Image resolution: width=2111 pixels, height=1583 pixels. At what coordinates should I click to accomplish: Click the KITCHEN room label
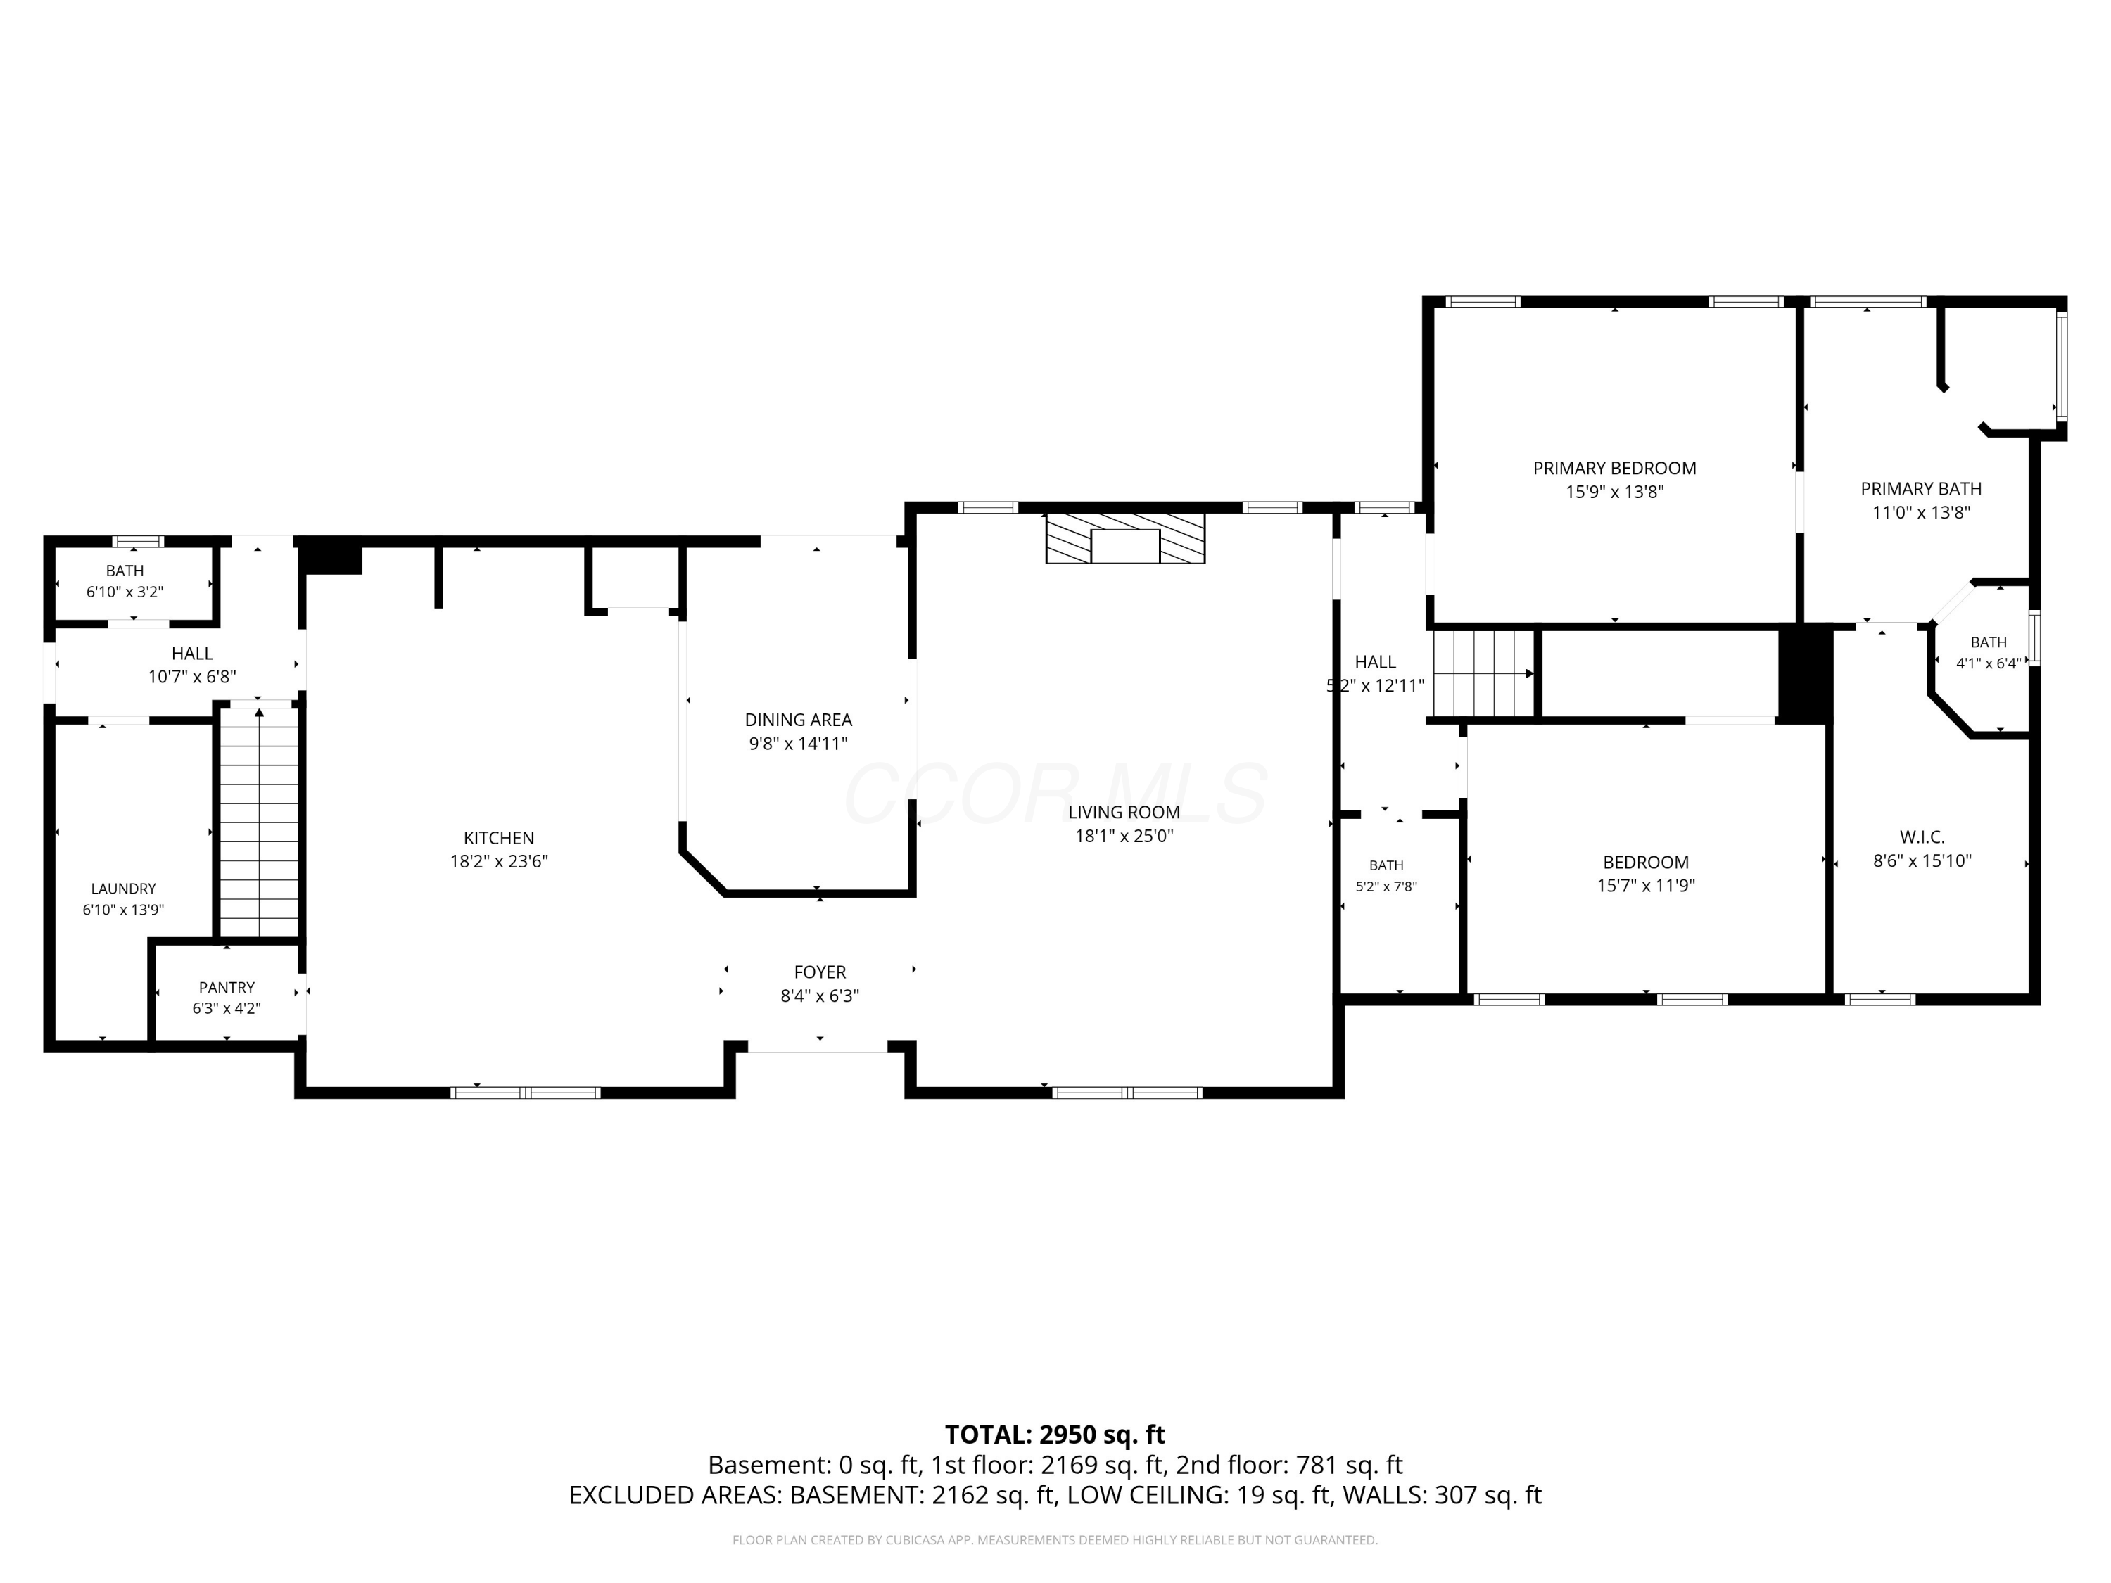pyautogui.click(x=498, y=838)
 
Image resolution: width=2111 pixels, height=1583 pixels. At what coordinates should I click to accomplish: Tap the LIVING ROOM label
pyautogui.click(x=1124, y=812)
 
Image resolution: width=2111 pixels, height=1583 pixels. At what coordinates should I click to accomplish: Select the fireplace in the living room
pyautogui.click(x=1125, y=538)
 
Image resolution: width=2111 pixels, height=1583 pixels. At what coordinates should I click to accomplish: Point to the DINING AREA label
pyautogui.click(x=798, y=720)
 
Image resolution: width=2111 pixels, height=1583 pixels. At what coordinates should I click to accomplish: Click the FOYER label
pyautogui.click(x=820, y=972)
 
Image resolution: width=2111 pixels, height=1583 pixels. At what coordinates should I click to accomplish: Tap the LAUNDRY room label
pyautogui.click(x=123, y=889)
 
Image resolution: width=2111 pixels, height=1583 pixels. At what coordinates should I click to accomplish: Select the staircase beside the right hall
pyautogui.click(x=1483, y=674)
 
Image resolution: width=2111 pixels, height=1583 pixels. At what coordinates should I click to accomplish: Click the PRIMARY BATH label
pyautogui.click(x=1921, y=488)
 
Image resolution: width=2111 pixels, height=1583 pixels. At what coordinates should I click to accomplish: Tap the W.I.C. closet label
pyautogui.click(x=1922, y=837)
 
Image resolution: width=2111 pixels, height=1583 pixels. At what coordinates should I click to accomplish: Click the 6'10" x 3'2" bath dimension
pyautogui.click(x=125, y=592)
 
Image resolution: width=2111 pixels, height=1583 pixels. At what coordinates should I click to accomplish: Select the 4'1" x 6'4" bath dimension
pyautogui.click(x=1988, y=663)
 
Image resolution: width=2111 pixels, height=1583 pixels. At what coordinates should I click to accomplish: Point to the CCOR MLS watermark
pyautogui.click(x=1055, y=794)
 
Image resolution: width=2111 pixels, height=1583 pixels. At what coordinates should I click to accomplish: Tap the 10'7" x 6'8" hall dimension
pyautogui.click(x=192, y=677)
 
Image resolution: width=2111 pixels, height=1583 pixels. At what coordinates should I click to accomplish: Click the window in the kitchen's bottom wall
pyautogui.click(x=525, y=1093)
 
